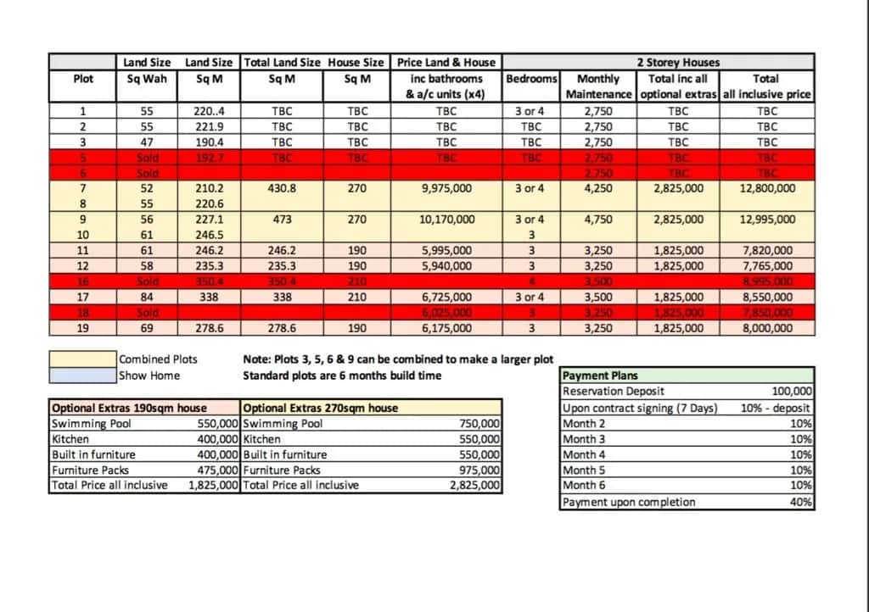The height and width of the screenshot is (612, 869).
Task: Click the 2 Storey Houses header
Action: point(678,62)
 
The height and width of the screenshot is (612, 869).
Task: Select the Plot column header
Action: point(83,79)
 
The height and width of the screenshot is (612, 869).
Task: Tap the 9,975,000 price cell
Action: point(446,188)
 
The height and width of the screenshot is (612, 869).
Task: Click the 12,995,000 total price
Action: point(766,219)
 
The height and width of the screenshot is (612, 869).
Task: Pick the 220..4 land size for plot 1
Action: point(203,111)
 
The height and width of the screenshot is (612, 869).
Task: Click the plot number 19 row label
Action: point(83,327)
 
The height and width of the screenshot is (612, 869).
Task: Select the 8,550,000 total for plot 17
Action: point(766,297)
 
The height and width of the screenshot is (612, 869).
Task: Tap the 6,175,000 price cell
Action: point(446,327)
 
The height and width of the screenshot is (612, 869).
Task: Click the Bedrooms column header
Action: point(531,79)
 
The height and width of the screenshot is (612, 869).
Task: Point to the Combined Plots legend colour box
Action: point(82,359)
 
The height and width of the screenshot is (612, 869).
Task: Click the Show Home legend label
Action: point(149,375)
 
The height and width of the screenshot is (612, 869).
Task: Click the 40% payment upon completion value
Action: point(801,502)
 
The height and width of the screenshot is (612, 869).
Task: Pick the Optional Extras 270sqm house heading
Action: point(321,408)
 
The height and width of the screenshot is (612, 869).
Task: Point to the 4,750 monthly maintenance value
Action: point(598,219)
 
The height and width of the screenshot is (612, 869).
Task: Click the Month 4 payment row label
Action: point(585,454)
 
